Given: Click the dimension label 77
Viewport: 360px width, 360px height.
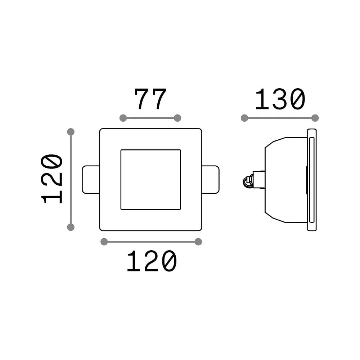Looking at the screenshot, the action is tap(150, 99).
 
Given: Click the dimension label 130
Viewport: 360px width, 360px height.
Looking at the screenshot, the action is tap(280, 99).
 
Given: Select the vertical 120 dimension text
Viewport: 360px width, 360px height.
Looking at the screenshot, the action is tap(51, 179).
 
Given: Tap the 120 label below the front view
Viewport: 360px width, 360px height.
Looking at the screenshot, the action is tap(152, 261).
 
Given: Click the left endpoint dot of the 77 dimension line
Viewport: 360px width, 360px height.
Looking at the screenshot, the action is tap(123, 118).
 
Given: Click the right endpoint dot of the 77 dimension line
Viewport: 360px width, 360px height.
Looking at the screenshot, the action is tap(177, 118).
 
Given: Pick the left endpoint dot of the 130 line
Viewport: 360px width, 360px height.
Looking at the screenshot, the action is tap(244, 118).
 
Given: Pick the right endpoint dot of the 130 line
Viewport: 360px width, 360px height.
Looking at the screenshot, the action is tap(315, 118).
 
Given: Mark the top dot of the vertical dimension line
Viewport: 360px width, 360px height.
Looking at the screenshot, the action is tap(71, 132).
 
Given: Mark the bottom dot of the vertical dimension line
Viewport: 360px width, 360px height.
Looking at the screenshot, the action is tap(71, 227).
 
